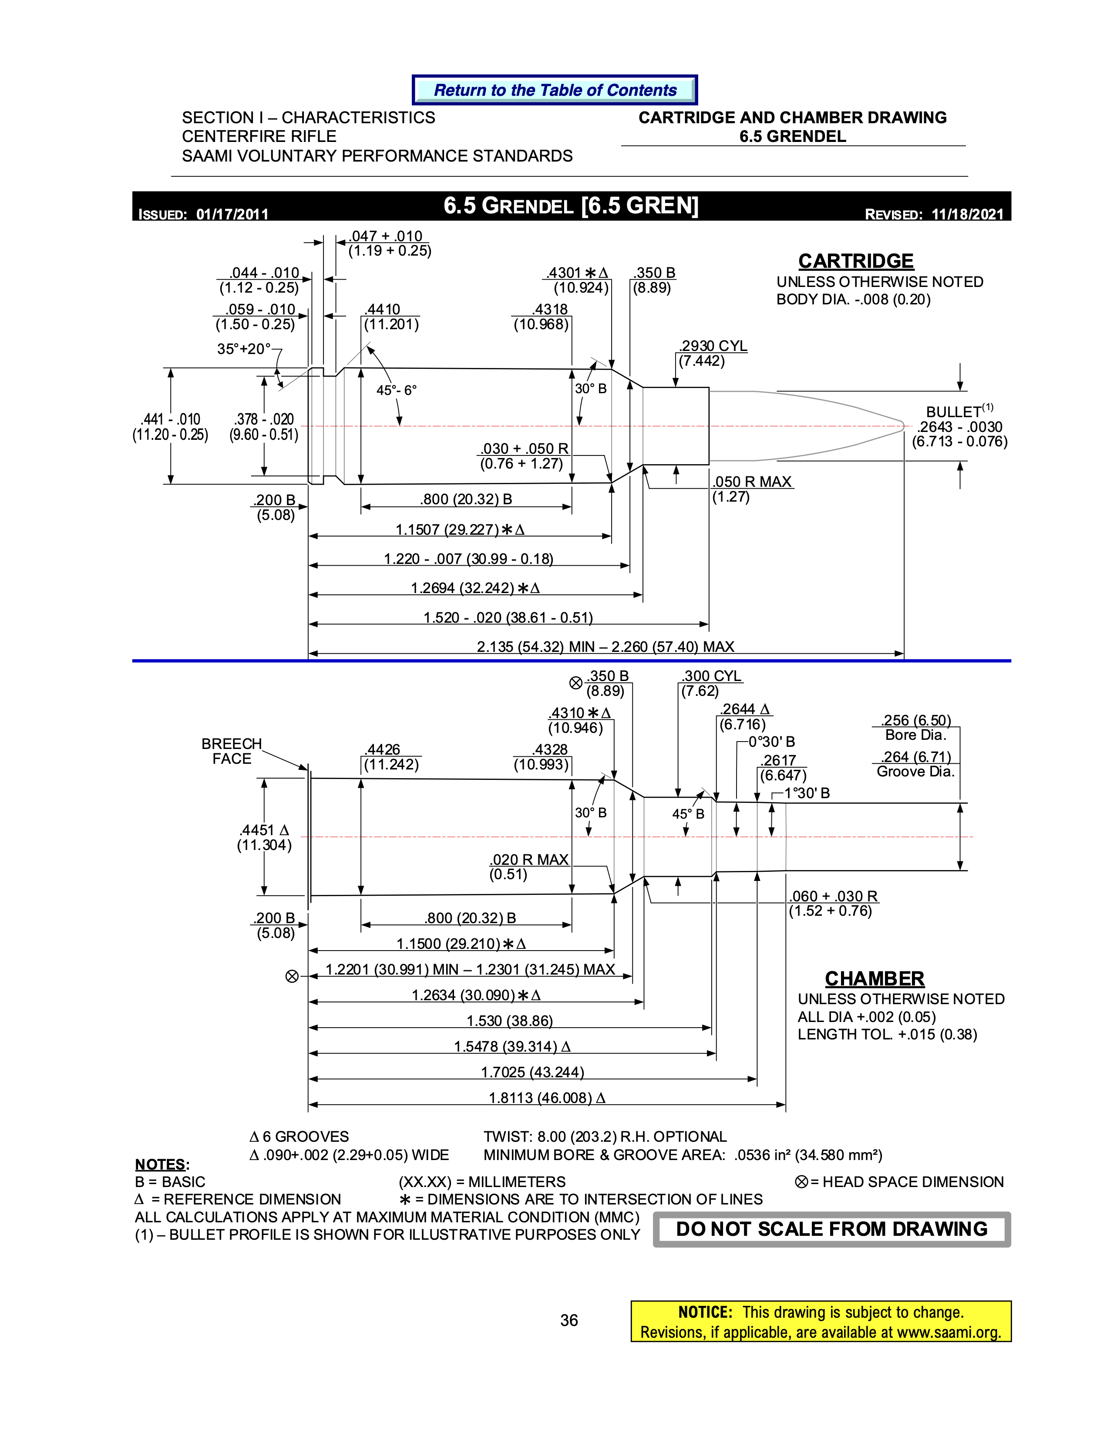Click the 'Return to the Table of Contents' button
(555, 90)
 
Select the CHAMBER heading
(875, 978)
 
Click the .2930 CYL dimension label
(713, 346)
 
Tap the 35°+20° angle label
(244, 349)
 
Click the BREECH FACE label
(232, 751)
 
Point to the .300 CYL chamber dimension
(712, 676)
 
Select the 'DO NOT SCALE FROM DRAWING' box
(832, 1229)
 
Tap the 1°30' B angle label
(807, 793)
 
